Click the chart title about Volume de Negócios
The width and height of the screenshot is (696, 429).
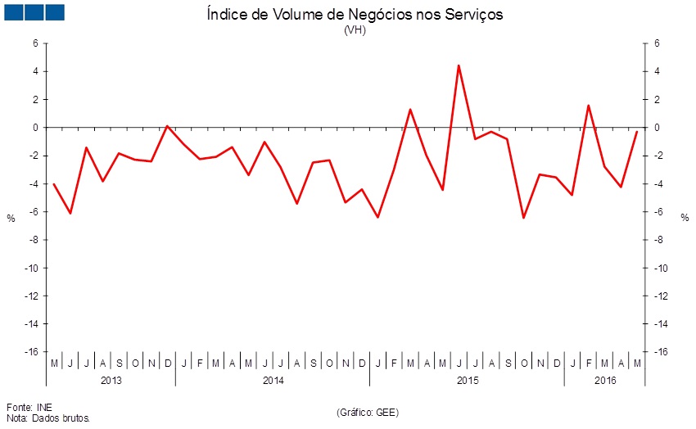point(353,14)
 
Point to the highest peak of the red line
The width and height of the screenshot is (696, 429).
point(459,65)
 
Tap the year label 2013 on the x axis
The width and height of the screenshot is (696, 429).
point(111,381)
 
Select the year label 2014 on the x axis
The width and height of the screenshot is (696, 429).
point(273,381)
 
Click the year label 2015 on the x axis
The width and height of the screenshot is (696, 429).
point(467,381)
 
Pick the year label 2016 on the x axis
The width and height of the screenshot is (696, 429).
point(605,381)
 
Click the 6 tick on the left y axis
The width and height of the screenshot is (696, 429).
point(35,43)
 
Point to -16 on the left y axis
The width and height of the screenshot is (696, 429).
point(31,352)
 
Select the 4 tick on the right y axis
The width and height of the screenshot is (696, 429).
point(658,72)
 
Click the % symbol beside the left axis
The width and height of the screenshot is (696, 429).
point(11,218)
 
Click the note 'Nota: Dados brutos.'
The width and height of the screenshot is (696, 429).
point(48,418)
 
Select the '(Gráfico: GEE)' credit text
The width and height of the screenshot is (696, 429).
point(367,411)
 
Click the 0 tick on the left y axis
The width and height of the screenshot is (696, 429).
point(35,128)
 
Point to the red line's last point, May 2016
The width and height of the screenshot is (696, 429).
point(637,131)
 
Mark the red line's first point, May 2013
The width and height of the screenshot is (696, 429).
point(54,184)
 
